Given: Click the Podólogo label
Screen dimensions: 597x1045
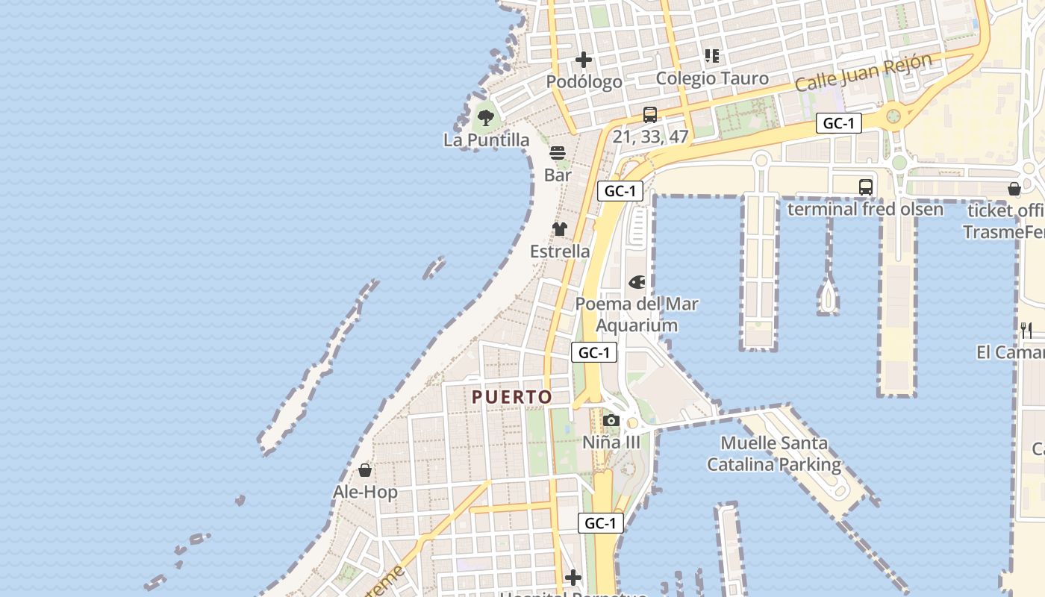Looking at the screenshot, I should [x=584, y=81].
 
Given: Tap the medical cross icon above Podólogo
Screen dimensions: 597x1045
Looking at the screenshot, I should [x=584, y=60].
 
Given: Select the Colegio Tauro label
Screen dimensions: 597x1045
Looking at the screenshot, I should [x=711, y=78].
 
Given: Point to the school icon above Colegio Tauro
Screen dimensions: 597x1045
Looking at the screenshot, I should [x=712, y=56].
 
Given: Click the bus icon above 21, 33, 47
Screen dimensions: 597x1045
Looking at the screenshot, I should [x=650, y=115].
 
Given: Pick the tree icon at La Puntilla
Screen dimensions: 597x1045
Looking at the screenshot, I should [x=486, y=117].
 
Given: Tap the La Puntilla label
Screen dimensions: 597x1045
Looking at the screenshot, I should [x=486, y=140].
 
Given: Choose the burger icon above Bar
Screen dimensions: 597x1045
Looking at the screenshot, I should [x=558, y=154].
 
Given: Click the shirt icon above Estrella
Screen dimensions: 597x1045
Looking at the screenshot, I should [x=560, y=229].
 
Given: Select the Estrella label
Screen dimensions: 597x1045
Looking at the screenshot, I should [x=560, y=251].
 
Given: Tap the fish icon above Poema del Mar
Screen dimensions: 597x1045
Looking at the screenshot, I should [x=637, y=282].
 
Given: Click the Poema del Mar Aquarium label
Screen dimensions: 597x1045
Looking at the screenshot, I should [x=637, y=314].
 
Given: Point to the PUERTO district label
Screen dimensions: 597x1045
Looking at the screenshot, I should [x=512, y=397].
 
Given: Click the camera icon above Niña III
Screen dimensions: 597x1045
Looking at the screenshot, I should [x=611, y=421].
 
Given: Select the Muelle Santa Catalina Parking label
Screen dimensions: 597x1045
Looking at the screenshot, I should [x=774, y=454].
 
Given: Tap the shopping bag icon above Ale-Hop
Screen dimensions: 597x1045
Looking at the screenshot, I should [x=365, y=470].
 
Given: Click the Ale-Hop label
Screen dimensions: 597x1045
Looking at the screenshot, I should [x=365, y=493].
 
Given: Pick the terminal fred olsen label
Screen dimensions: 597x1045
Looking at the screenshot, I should [x=865, y=209].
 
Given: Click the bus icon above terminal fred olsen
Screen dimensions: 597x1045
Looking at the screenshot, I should [x=866, y=187].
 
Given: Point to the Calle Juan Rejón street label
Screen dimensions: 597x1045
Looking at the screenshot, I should [x=864, y=72].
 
